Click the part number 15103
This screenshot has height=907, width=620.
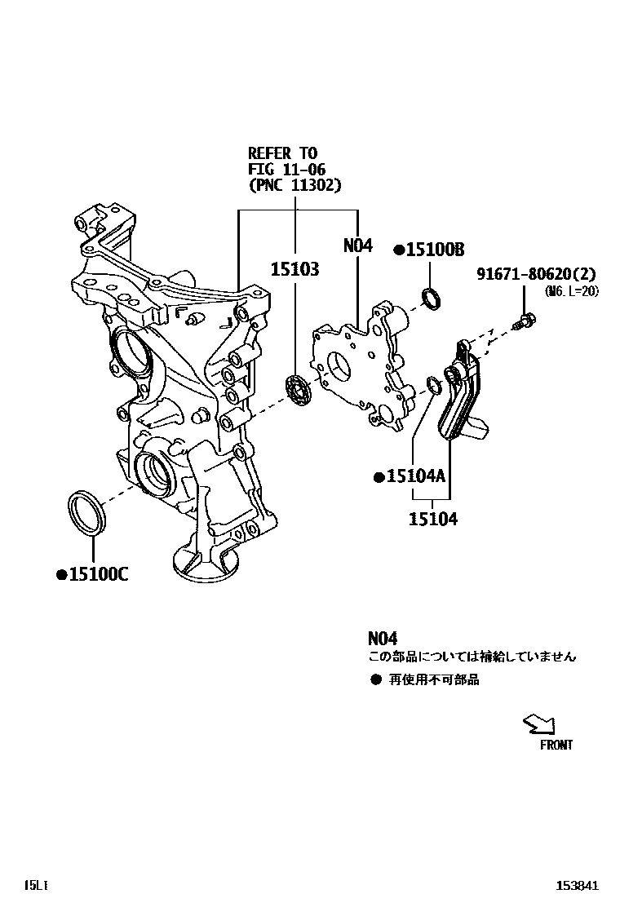pos(294,269)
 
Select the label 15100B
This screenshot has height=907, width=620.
pos(435,250)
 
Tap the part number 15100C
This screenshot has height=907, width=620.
pos(98,574)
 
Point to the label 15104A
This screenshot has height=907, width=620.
pos(415,476)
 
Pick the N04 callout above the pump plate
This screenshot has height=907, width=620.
pos(357,245)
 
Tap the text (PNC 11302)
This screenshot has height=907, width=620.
pos(294,185)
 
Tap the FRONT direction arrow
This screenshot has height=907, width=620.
pos(540,723)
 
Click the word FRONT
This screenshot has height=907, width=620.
pos(556,745)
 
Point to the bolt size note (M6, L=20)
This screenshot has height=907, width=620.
pos(571,291)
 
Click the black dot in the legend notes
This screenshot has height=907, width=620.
pos(376,679)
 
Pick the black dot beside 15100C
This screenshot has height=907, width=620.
pos(60,575)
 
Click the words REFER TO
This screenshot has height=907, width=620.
pos(282,153)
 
